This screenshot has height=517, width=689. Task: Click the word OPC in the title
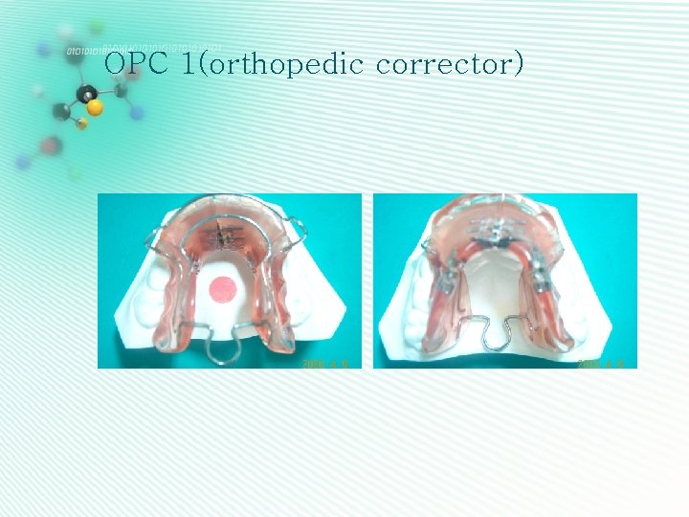(x=131, y=64)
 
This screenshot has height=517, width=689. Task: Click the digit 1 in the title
(x=187, y=64)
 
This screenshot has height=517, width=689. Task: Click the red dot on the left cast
(x=223, y=287)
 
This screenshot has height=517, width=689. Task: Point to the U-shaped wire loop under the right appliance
(x=506, y=335)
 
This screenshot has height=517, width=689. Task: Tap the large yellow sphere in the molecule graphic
(x=94, y=105)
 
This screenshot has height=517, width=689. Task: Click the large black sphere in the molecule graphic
(x=87, y=93)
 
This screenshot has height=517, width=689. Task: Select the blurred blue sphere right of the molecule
(x=137, y=113)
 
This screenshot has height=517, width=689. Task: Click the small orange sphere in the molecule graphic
(x=82, y=124)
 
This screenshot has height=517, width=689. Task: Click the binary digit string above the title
(x=144, y=48)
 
